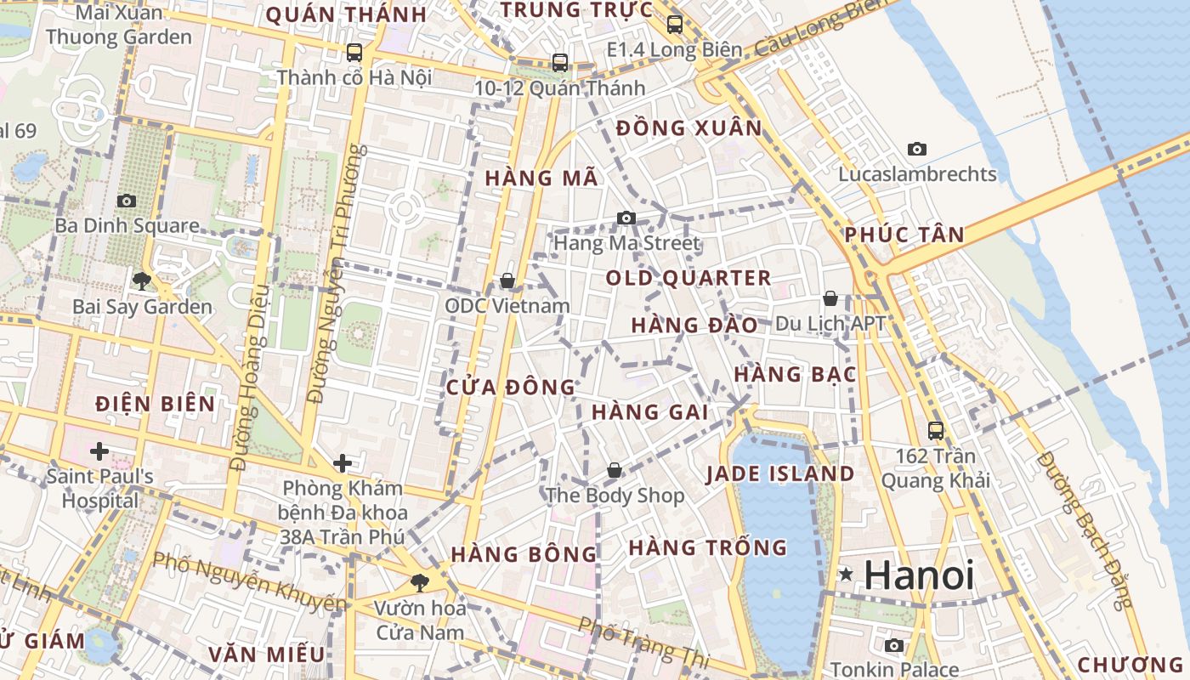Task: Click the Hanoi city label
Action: (919, 575)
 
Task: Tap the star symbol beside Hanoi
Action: (846, 575)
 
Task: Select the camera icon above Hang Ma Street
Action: (626, 218)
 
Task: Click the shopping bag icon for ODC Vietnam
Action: (507, 280)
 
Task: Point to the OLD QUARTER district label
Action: (688, 278)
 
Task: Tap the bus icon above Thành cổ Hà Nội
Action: (354, 53)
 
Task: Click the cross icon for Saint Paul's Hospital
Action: (99, 450)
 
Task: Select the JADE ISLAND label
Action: (780, 474)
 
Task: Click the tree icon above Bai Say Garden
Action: (142, 280)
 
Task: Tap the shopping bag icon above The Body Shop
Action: (615, 470)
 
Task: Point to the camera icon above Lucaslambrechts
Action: (916, 149)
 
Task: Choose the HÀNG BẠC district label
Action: (794, 374)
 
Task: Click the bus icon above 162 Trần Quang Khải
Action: (936, 431)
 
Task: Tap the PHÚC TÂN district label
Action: (905, 235)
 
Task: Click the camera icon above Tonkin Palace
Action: (894, 646)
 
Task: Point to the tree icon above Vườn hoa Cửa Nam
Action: (419, 582)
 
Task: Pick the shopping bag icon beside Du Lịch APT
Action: (830, 298)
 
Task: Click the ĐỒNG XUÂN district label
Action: (689, 128)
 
